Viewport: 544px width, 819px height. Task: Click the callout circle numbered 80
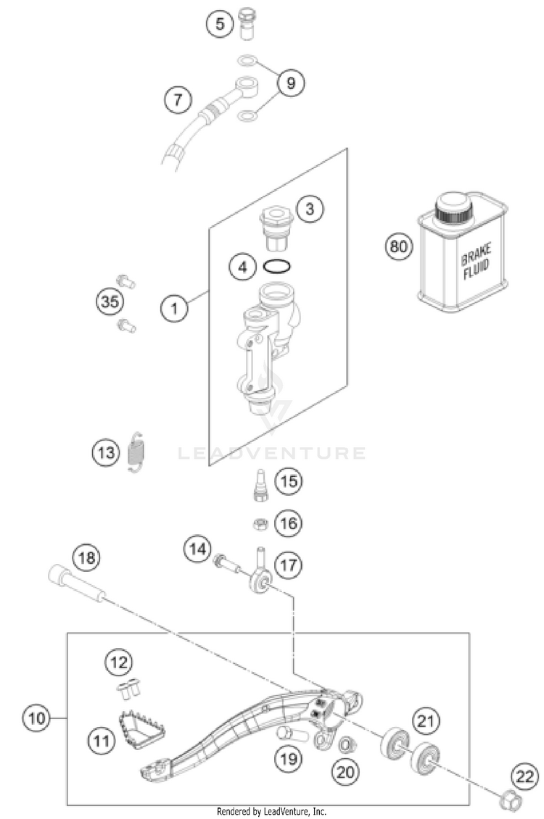pyautogui.click(x=398, y=247)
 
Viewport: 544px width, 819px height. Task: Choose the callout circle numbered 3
pyautogui.click(x=310, y=210)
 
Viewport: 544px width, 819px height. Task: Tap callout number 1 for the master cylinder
pyautogui.click(x=174, y=309)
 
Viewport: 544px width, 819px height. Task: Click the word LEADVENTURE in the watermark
pyautogui.click(x=272, y=454)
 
